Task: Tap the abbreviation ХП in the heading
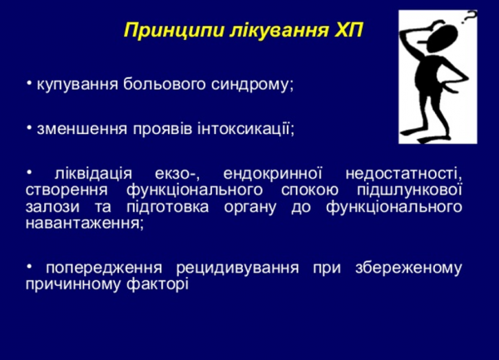348,31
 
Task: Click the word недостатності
403,174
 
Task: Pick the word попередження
104,268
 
